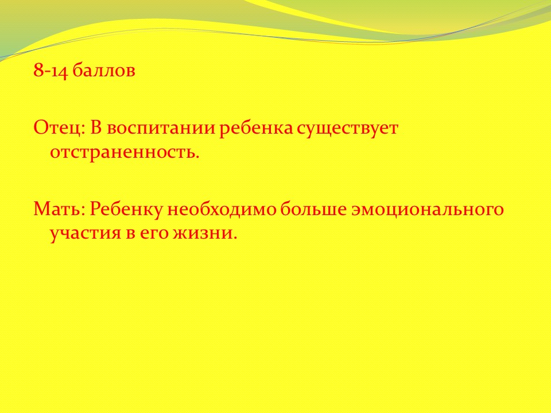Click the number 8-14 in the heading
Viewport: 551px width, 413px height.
point(51,71)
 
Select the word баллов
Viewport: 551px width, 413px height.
point(104,71)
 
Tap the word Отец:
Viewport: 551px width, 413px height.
point(59,128)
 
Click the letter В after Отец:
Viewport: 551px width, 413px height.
point(96,127)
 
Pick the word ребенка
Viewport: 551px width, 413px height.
point(256,127)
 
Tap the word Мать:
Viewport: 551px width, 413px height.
point(59,209)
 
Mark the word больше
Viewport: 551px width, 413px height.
point(313,209)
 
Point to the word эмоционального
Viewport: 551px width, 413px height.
point(428,209)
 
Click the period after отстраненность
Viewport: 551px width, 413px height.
point(197,158)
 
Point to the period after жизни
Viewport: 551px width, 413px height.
point(235,239)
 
